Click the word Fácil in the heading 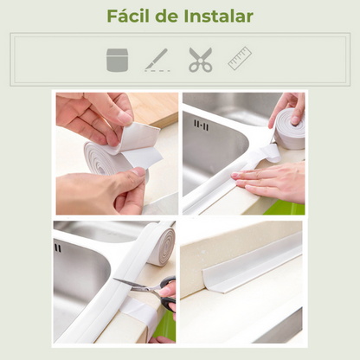click(x=126, y=16)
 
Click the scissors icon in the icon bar click(x=201, y=60)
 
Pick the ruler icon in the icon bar click(x=240, y=58)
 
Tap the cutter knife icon click(x=157, y=60)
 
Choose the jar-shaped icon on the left click(x=117, y=60)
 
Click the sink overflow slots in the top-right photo click(x=201, y=125)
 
